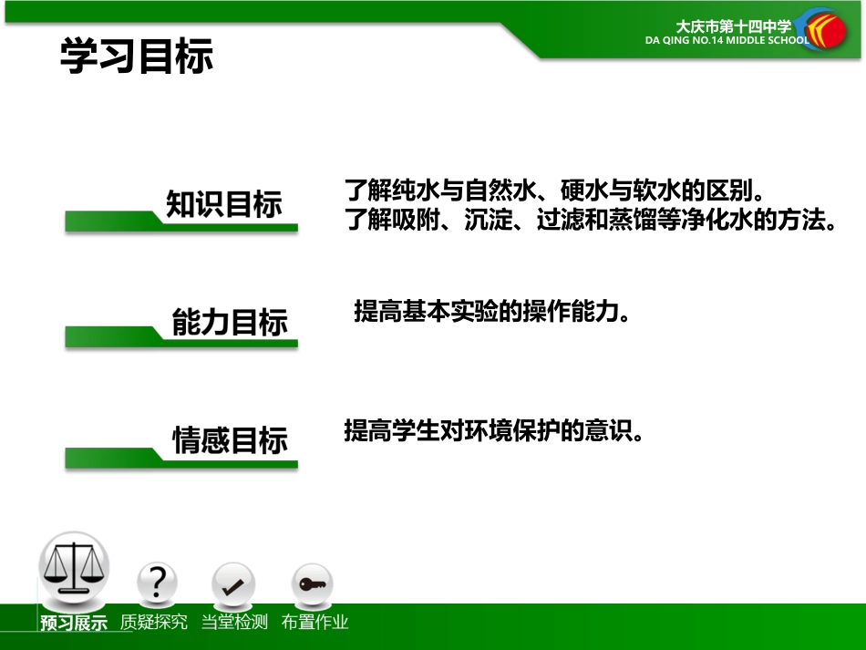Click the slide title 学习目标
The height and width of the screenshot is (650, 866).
137,57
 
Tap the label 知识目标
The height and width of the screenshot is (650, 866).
224,204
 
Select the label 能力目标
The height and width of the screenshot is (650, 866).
230,323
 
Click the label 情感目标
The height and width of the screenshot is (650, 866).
231,441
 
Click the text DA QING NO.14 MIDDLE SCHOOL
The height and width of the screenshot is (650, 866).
727,41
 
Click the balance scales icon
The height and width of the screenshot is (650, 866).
73,566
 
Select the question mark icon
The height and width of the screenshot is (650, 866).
158,583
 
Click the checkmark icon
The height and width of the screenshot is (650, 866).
233,584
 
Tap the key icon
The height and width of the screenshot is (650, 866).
312,584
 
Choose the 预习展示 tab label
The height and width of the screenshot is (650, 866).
74,624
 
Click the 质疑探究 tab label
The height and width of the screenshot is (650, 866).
154,623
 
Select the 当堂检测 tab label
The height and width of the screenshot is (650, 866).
234,623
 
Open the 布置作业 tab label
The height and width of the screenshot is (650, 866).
314,623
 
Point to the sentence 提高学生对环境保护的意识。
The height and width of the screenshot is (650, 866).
494,431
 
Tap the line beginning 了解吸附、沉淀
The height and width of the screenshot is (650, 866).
591,221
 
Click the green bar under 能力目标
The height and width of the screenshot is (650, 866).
182,341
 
